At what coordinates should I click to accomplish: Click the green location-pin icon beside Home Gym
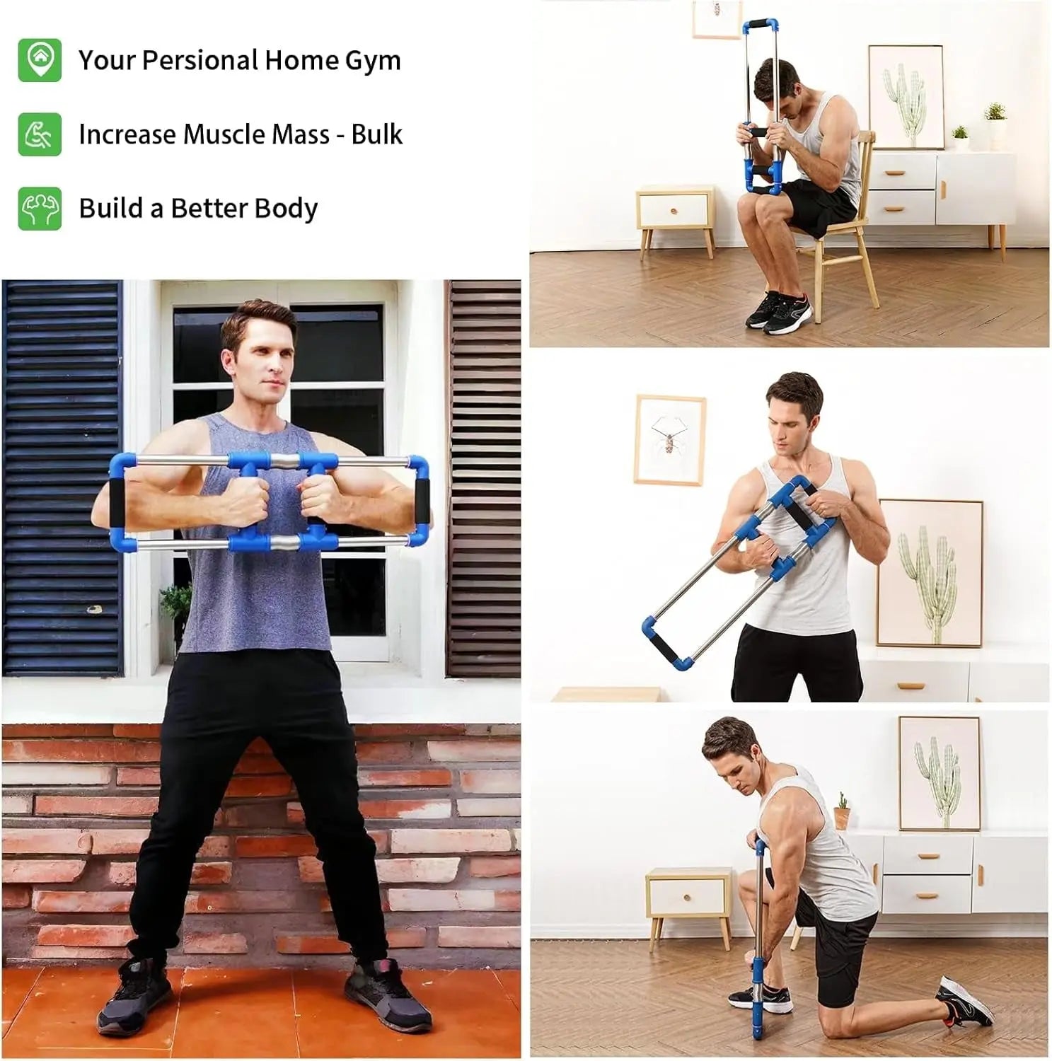pos(40,60)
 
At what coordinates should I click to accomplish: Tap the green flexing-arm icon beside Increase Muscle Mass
pos(40,134)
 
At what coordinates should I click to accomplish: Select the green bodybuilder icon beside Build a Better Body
pos(40,208)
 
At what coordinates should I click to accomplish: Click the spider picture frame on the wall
pos(669,439)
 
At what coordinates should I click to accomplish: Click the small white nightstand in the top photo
pos(675,211)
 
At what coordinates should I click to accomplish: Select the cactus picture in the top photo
pos(905,97)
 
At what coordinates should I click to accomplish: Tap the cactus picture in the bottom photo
pos(939,772)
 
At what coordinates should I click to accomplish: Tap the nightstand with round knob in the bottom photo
pos(688,898)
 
